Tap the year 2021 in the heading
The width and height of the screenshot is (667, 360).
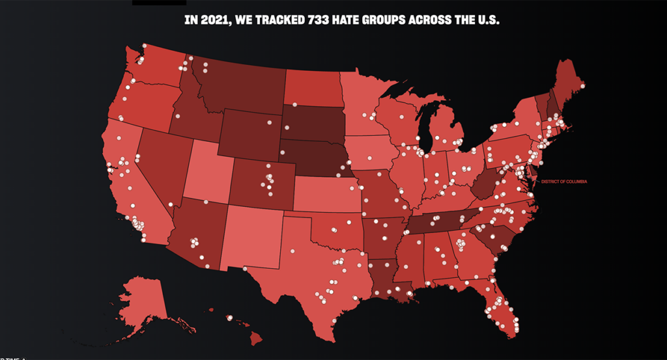point(210,20)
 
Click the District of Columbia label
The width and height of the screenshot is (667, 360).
point(564,182)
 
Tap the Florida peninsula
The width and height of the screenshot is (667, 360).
point(502,309)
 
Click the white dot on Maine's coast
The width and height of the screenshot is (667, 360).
point(582,86)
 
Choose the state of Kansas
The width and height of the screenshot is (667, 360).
point(326,192)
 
